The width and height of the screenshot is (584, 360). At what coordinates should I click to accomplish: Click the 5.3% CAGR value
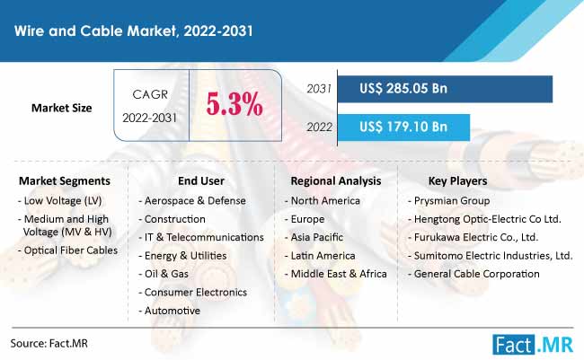(234, 104)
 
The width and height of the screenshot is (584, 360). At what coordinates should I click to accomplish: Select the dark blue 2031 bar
(445, 89)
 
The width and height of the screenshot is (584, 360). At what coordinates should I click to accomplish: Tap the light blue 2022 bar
(403, 127)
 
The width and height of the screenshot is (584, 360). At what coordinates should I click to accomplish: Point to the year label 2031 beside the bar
(319, 89)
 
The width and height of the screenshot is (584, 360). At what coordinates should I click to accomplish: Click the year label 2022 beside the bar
(319, 127)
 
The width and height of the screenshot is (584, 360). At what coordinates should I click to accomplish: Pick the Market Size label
(61, 108)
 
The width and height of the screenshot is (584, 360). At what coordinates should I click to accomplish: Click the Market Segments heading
(65, 181)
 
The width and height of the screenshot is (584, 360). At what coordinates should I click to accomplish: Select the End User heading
(201, 181)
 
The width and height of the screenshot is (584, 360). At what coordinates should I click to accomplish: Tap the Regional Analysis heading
(336, 181)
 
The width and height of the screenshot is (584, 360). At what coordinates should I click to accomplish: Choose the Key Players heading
(457, 181)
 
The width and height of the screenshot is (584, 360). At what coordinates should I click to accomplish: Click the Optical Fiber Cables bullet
(67, 250)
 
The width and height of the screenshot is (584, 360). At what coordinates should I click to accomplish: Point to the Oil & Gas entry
(164, 274)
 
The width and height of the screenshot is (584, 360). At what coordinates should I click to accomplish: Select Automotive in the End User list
(170, 311)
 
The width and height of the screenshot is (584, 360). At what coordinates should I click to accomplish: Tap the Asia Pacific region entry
(314, 237)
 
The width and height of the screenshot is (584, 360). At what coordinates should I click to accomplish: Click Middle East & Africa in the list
(336, 274)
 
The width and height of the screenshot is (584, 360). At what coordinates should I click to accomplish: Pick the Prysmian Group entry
(449, 201)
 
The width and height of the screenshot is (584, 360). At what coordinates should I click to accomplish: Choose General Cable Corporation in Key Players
(473, 274)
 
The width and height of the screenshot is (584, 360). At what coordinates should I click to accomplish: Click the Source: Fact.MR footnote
(49, 343)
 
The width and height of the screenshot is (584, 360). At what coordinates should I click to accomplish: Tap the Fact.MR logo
(533, 345)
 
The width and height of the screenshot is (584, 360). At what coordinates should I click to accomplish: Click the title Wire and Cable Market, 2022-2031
(134, 31)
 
